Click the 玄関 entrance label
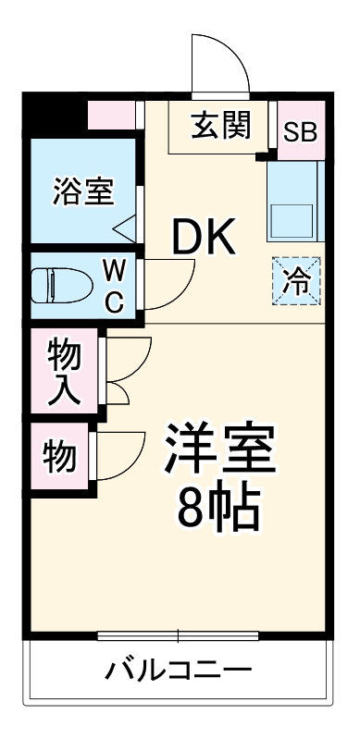[222, 126]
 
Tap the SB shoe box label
[299, 130]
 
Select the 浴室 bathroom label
[83, 191]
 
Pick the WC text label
[113, 286]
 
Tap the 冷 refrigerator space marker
[297, 279]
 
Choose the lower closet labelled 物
[59, 454]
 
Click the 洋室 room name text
[219, 449]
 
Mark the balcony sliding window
[179, 636]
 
